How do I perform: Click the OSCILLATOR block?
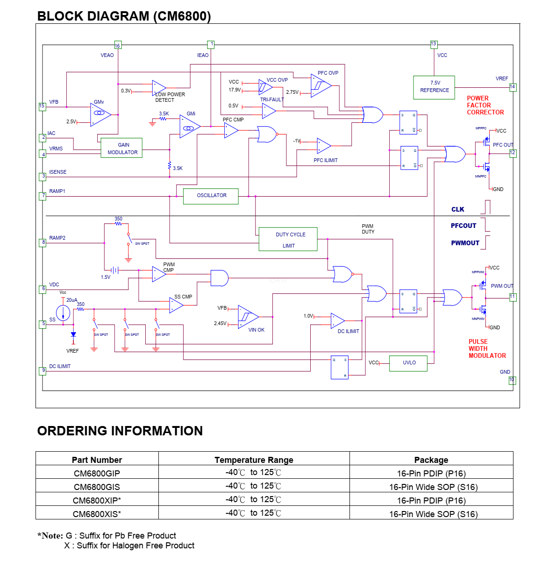[211, 196]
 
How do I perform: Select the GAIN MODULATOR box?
[121, 149]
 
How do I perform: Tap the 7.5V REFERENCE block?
[434, 87]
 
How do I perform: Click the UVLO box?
[408, 363]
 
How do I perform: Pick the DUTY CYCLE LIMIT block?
[288, 240]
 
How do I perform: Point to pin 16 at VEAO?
[118, 45]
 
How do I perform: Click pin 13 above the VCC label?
[434, 44]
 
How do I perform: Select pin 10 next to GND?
[512, 380]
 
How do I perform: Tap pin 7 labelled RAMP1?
[43, 196]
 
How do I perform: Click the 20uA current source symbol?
[63, 312]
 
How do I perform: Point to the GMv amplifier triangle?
[100, 114]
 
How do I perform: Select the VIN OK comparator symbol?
[248, 317]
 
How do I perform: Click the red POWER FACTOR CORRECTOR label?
[485, 106]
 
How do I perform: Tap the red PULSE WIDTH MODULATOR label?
[487, 349]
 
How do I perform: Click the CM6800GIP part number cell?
[97, 473]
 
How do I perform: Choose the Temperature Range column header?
[254, 460]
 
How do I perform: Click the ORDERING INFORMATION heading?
[120, 431]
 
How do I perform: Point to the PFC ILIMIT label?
[325, 161]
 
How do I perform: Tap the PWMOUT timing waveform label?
[465, 243]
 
